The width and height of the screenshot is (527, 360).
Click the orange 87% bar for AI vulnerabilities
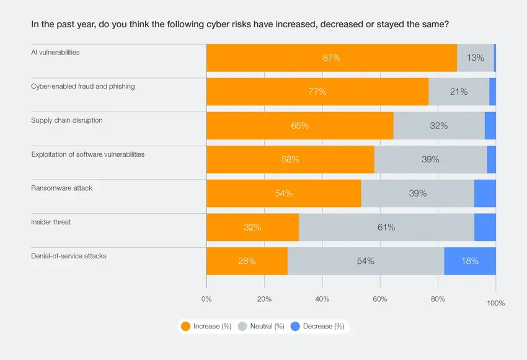click(x=332, y=58)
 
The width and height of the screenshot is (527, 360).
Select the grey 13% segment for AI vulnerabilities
click(x=476, y=58)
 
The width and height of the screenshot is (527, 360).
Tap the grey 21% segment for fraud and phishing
click(x=459, y=92)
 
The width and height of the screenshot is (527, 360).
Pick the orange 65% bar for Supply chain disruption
click(x=300, y=126)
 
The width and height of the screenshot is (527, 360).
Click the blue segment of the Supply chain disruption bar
click(x=490, y=126)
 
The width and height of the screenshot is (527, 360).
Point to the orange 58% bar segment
click(x=290, y=159)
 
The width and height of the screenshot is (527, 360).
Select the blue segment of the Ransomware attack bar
click(x=485, y=193)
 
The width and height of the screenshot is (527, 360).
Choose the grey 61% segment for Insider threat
click(x=386, y=227)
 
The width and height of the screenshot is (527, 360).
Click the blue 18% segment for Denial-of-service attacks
click(x=470, y=261)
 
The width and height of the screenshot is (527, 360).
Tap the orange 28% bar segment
click(x=247, y=261)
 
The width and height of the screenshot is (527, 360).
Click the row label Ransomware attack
click(x=61, y=188)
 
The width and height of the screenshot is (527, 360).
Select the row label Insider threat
click(x=51, y=222)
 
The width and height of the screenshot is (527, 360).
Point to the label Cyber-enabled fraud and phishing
click(x=82, y=86)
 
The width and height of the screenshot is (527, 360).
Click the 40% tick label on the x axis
click(x=322, y=299)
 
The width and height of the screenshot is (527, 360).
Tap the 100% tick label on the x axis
click(x=496, y=303)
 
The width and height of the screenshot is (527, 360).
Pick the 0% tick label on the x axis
click(x=206, y=299)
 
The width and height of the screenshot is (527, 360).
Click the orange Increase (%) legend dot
click(x=185, y=327)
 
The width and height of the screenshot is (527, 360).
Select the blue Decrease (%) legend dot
click(x=295, y=327)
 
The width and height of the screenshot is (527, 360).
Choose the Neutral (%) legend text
click(x=267, y=327)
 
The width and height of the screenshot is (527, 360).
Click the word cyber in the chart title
click(x=229, y=25)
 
